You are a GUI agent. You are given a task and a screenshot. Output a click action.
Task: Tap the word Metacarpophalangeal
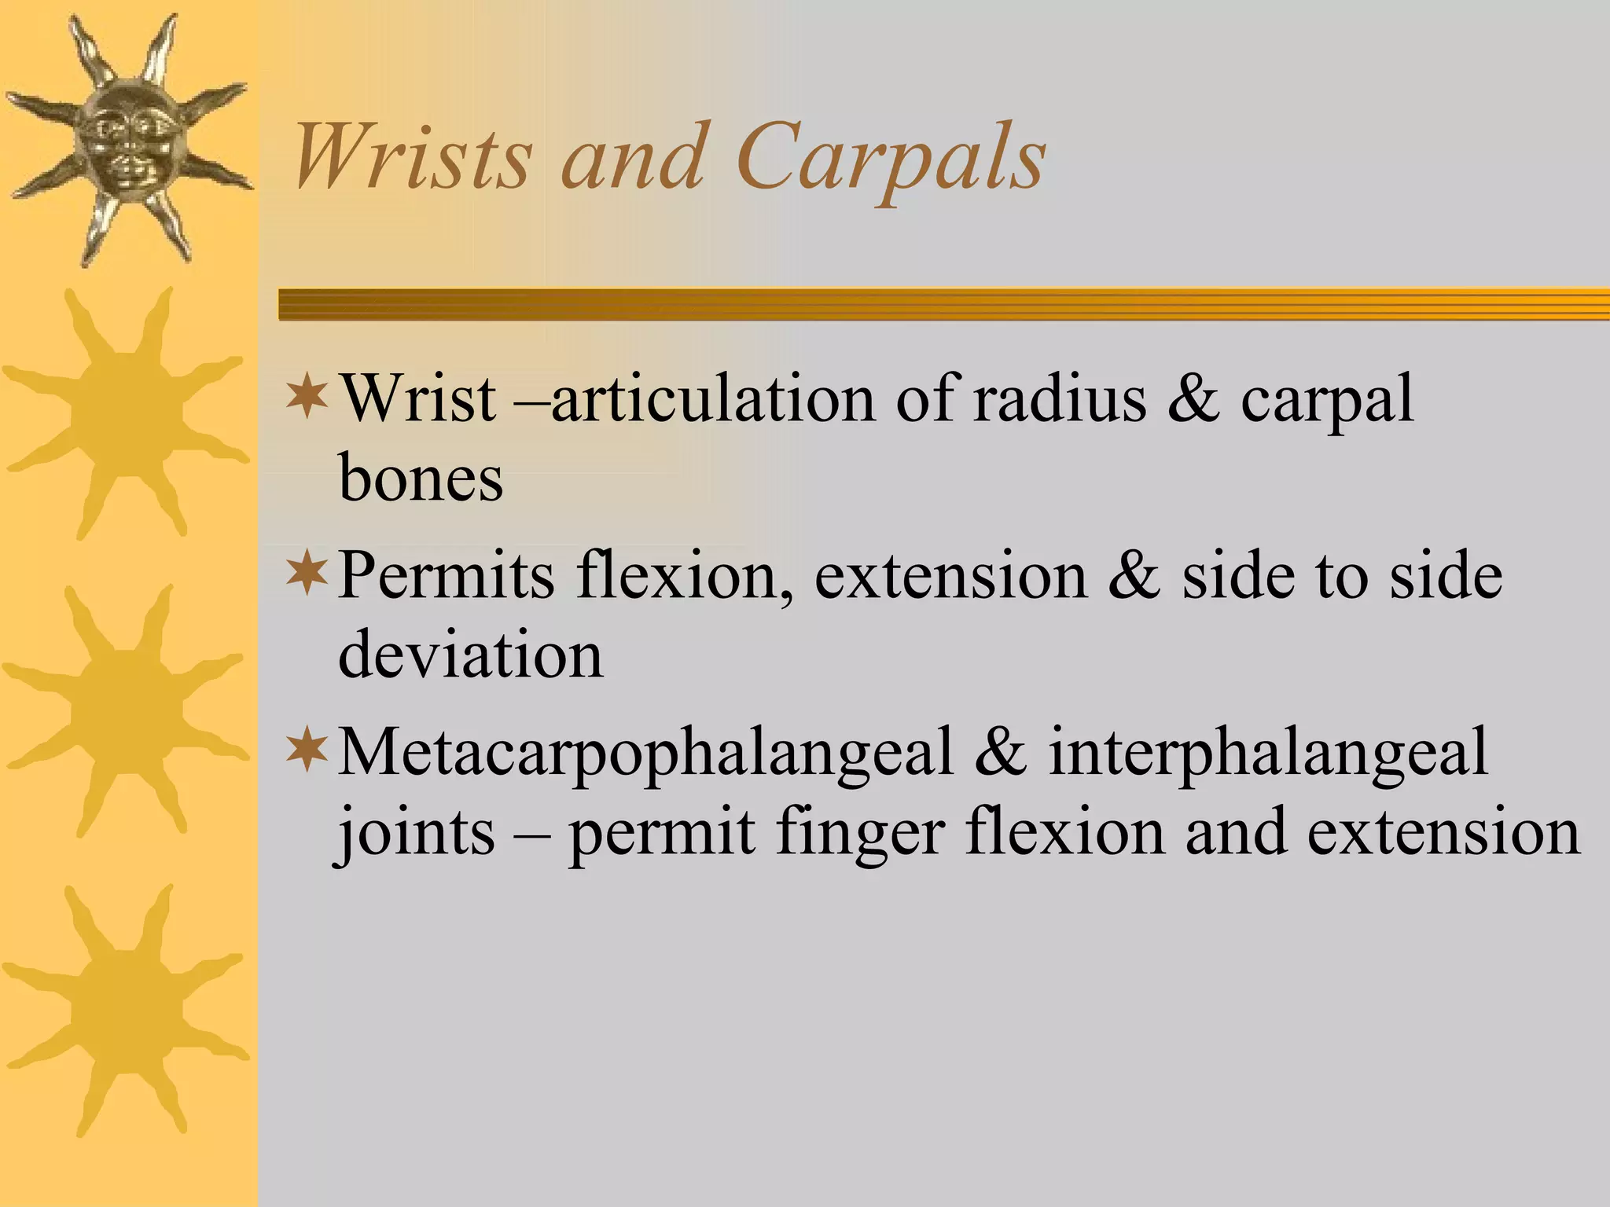(645, 753)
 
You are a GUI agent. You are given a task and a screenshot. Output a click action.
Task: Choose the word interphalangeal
(1268, 753)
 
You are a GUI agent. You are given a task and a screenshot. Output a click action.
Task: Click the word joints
(417, 833)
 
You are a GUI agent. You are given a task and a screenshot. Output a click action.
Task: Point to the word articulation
(712, 398)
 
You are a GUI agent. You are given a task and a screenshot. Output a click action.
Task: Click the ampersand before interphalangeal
(1001, 753)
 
